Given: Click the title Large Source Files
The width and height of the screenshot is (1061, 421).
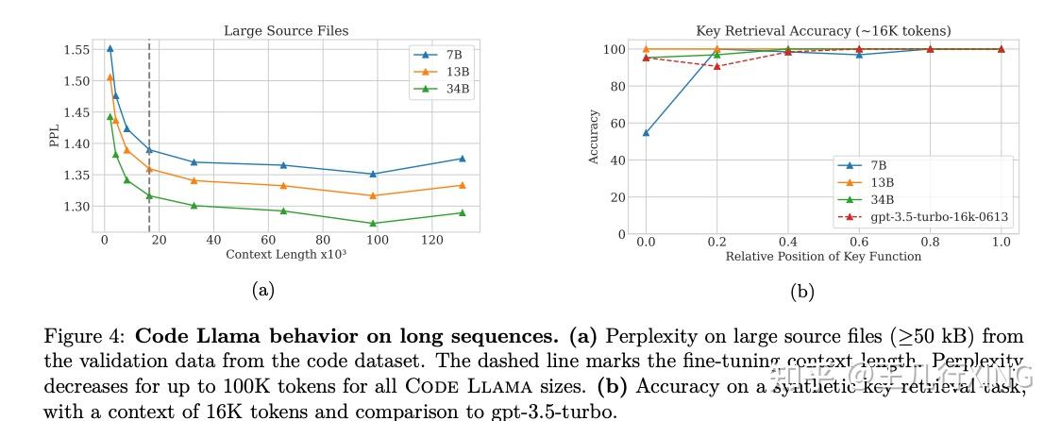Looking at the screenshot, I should pos(285,31).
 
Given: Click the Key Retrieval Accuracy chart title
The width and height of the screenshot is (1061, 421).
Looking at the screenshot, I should pos(823,31).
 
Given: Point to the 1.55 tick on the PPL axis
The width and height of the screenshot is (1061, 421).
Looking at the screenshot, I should pos(76,49).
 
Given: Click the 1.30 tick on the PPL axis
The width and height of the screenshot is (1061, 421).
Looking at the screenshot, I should pos(76,207).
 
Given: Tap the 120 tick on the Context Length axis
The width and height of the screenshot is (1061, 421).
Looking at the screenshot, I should pos(432,241).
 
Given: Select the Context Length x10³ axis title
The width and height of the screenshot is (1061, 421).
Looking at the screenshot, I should pos(279,255).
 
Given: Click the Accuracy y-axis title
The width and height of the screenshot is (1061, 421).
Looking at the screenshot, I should pos(594,137).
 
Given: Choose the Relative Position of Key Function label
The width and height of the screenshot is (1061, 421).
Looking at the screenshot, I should pos(823,257).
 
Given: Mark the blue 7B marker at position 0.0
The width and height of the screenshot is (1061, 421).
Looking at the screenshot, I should pos(646,133).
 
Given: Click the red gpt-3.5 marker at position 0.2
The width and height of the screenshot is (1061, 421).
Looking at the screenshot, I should pos(716,66).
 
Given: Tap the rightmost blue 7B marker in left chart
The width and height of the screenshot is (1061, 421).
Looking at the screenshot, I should pos(462,159).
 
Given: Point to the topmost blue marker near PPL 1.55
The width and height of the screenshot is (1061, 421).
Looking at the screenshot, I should pos(109,48).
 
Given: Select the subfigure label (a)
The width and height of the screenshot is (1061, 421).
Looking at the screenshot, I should pos(262,290).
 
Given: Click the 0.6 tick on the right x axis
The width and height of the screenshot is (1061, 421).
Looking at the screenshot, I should pos(858,242).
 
